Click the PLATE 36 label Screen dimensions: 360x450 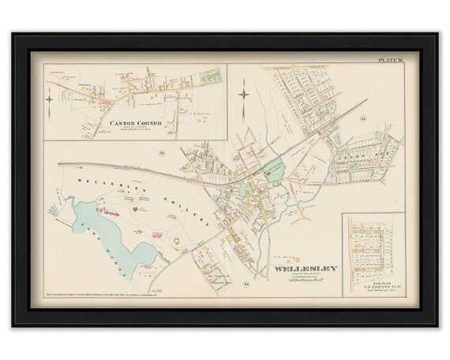[x=390, y=58]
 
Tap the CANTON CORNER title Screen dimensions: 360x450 [x=134, y=123]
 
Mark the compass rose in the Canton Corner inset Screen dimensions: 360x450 [x=52, y=99]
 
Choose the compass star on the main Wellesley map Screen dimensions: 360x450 [x=244, y=96]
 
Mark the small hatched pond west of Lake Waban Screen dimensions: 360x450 [x=54, y=208]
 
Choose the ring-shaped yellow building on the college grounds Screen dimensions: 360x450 [x=178, y=234]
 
